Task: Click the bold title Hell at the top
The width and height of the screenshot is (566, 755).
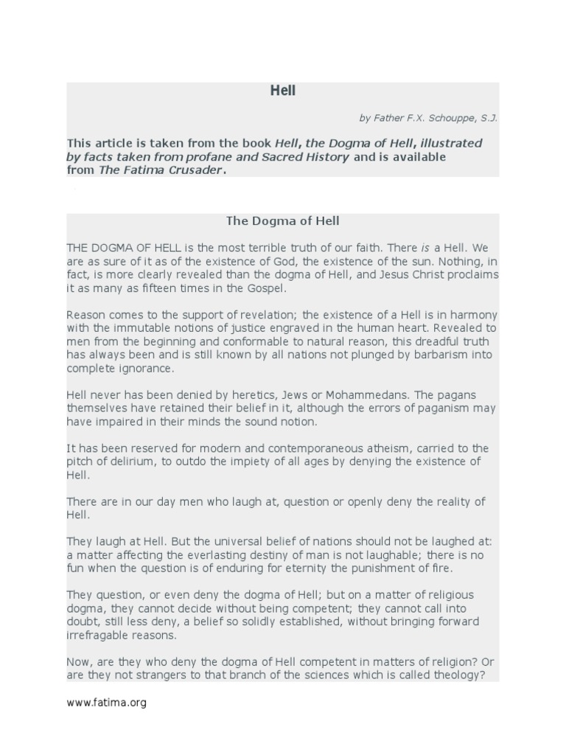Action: (282, 91)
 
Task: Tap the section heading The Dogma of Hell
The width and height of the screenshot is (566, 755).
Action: (282, 220)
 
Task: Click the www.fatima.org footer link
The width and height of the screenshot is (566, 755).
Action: (106, 703)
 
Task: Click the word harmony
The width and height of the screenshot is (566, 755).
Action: (472, 315)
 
